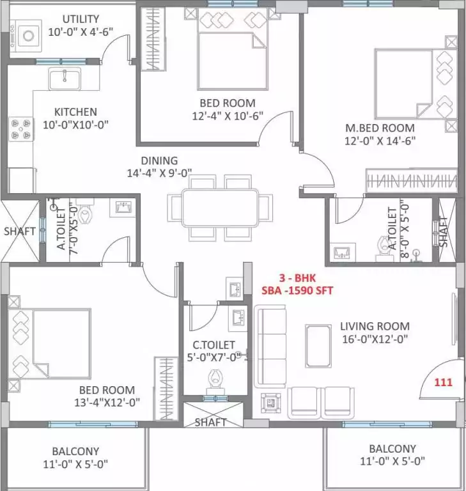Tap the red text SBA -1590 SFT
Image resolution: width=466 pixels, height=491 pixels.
297,290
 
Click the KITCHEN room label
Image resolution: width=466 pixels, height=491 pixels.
75,112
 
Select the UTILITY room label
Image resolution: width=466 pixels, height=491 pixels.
77,19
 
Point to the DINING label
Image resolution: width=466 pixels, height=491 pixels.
160,160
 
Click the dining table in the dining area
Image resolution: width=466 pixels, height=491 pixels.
214,207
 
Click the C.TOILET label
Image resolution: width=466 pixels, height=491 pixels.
213,345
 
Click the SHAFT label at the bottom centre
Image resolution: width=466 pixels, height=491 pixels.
210,422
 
